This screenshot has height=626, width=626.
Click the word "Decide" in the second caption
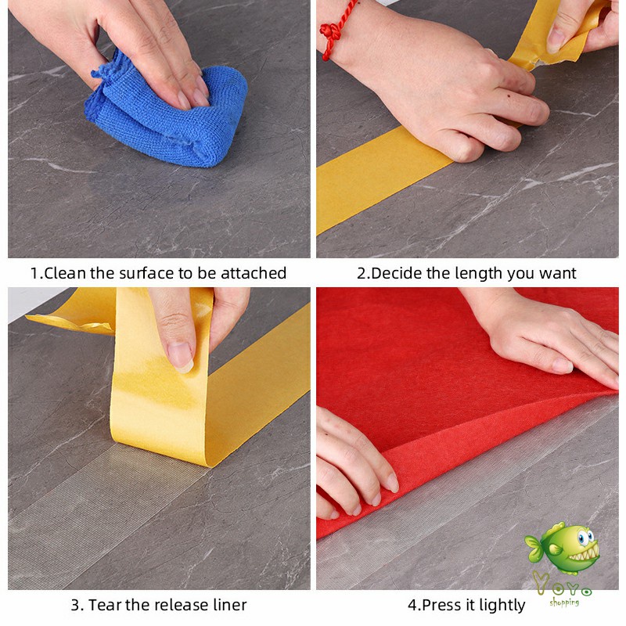(397, 273)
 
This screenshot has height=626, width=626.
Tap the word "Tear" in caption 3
(105, 605)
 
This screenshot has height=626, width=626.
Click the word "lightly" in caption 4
(499, 605)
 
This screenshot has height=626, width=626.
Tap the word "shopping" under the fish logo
(565, 602)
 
